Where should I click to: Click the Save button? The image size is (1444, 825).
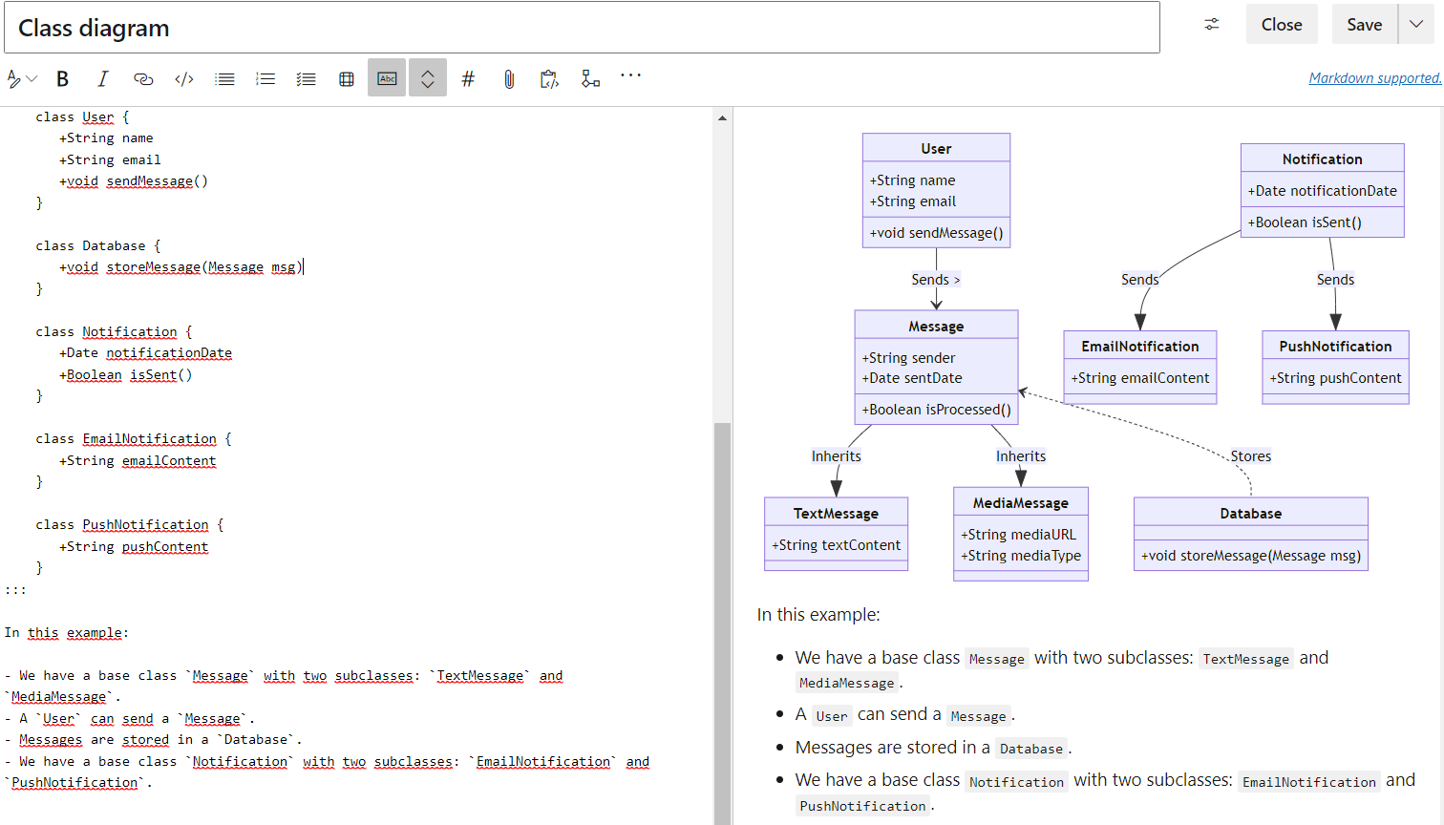(x=1364, y=25)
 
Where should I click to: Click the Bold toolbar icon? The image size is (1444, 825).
(x=63, y=79)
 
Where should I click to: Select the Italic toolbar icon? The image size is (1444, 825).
(x=102, y=79)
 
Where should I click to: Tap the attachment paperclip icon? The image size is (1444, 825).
(x=509, y=79)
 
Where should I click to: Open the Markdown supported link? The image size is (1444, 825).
(x=1374, y=78)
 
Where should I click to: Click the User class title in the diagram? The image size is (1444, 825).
(x=936, y=149)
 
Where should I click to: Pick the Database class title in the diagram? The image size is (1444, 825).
(x=1250, y=514)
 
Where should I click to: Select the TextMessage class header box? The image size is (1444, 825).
(x=836, y=514)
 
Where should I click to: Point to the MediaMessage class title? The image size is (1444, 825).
(x=1020, y=503)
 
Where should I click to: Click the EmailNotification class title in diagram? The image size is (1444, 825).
(x=1139, y=347)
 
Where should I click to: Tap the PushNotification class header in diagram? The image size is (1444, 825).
(x=1335, y=347)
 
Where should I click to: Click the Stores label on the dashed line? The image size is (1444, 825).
(x=1250, y=456)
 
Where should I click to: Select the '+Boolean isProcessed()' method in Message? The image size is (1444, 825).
(x=936, y=410)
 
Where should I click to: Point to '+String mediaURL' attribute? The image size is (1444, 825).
(x=1018, y=535)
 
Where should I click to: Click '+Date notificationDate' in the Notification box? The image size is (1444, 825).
(x=1322, y=191)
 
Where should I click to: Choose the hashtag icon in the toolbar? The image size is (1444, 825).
(x=468, y=79)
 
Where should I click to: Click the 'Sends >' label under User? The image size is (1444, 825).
(x=935, y=280)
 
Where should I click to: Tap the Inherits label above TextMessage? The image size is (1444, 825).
(x=836, y=456)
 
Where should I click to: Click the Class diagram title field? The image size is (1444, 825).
(x=582, y=29)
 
